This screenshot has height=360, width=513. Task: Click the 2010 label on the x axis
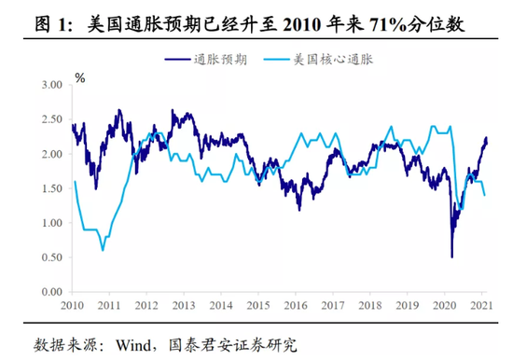click(x=73, y=306)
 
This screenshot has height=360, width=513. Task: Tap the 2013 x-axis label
click(x=183, y=306)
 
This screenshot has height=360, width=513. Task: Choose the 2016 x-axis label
click(x=294, y=306)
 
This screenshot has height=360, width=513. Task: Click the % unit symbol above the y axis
click(x=80, y=77)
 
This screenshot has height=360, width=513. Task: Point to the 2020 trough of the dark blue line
click(x=451, y=256)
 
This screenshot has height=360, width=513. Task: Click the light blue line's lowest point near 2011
click(x=103, y=250)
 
